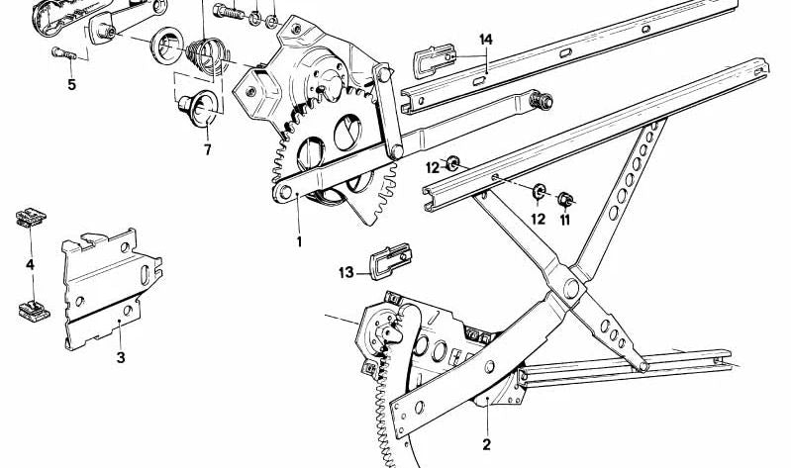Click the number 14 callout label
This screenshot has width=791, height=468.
[x=485, y=39]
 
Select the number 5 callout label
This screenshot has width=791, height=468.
[x=71, y=84]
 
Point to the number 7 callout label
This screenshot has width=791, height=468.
[x=207, y=149]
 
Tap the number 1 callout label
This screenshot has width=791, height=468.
[x=298, y=240]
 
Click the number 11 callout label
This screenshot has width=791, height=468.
[x=565, y=221]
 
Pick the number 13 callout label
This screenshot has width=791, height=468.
[x=346, y=272]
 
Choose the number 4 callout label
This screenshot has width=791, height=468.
[x=30, y=264]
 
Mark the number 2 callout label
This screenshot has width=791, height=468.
[x=486, y=444]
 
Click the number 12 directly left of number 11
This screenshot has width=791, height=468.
[x=538, y=219]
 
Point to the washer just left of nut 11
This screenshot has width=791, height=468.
[x=540, y=190]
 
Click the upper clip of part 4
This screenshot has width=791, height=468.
[x=26, y=219]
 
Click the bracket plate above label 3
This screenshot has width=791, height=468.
[x=109, y=287]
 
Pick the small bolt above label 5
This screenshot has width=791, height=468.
[x=57, y=53]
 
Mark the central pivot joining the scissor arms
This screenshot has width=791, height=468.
[x=567, y=289]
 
